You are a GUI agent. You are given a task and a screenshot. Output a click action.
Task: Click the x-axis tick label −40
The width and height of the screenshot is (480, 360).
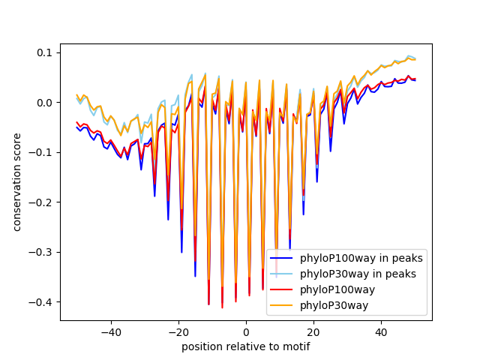coord(110,331)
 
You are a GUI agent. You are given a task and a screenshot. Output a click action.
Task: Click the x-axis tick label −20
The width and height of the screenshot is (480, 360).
coord(178,331)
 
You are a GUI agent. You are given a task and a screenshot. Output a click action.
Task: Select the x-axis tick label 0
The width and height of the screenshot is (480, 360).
coord(246,331)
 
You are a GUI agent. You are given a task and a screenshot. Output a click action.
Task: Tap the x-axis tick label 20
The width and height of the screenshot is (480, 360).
coord(313,331)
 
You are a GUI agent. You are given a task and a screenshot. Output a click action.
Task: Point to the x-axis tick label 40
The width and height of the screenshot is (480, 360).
coord(381,331)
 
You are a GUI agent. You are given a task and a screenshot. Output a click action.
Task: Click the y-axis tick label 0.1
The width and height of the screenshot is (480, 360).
coord(45,52)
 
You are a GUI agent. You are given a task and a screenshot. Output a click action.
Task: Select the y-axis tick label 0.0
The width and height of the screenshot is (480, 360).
coord(45,102)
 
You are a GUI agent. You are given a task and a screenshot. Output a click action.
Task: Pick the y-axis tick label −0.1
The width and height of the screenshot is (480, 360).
coord(42,152)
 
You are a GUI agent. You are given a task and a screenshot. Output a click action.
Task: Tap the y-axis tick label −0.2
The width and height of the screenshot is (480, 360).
coord(42,202)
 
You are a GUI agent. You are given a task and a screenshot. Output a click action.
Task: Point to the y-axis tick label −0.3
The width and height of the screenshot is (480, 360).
coord(42,252)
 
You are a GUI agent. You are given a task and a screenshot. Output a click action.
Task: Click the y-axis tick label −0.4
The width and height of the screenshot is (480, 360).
coord(42,302)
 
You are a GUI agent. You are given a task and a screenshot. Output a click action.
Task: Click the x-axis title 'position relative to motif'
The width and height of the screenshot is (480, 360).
coord(245,346)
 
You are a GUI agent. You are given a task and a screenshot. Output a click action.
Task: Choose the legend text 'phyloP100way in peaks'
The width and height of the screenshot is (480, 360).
coord(361,259)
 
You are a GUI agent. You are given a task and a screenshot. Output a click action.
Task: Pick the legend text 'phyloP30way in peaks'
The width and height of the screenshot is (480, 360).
coord(358,274)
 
